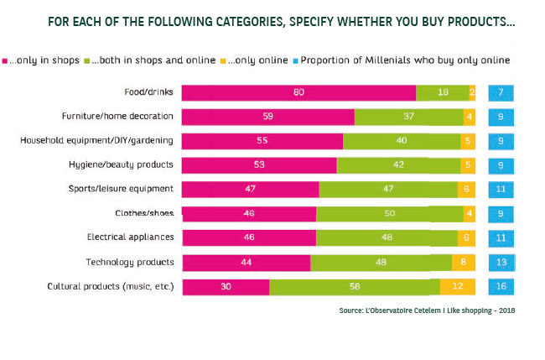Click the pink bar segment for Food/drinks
click(x=298, y=92)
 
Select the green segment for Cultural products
click(x=355, y=287)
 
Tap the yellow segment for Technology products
click(x=464, y=263)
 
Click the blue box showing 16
click(x=501, y=287)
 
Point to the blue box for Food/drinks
click(x=501, y=92)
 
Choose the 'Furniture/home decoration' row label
click(x=117, y=116)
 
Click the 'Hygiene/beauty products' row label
click(x=121, y=164)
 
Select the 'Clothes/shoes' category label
click(x=144, y=213)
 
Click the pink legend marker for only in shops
click(x=5, y=60)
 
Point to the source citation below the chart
click(x=425, y=310)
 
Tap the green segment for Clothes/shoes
click(x=389, y=213)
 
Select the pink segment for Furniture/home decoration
click(x=267, y=116)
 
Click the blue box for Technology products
click(x=501, y=263)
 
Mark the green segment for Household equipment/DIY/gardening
click(x=402, y=140)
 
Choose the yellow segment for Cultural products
click(x=458, y=287)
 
